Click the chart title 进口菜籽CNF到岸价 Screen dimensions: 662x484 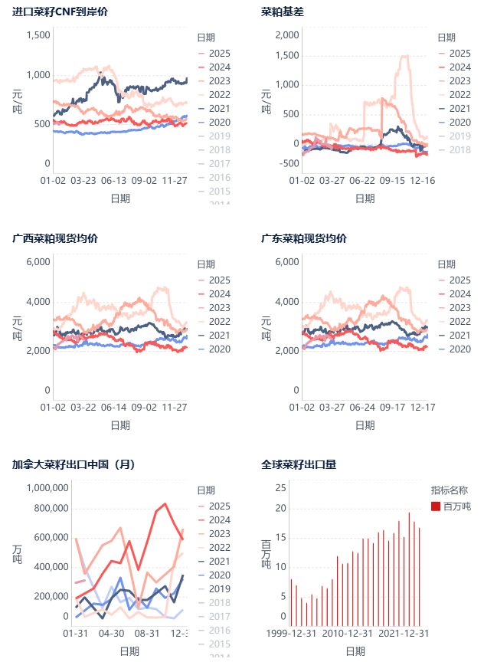60,12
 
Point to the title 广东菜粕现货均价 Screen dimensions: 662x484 304,238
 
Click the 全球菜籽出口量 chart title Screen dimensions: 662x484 299,464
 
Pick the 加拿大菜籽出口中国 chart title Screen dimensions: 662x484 74,464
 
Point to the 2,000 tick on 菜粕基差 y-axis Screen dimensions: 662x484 286,35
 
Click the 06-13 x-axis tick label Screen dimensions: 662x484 113,181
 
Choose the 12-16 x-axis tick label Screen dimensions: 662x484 422,181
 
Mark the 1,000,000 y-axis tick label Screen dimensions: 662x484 47,487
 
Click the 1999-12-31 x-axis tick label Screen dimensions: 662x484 292,634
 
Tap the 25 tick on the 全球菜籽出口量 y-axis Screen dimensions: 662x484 281,487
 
